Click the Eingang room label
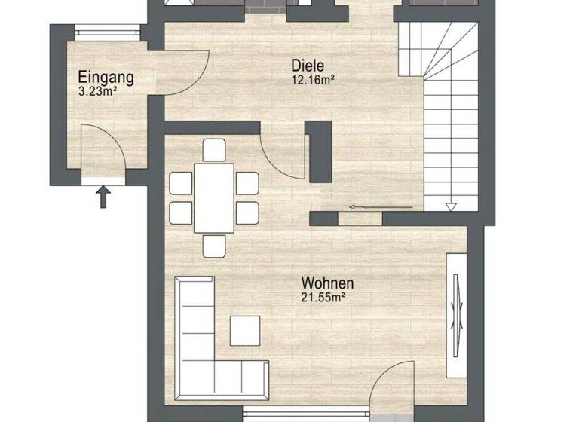coord(106,76)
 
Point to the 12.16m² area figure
coord(312,79)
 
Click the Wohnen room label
coord(327,283)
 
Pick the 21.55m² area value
coord(323,298)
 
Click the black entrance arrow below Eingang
coord(104,197)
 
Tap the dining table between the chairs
coord(214,197)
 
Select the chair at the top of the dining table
coord(214,150)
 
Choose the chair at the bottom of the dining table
coord(214,245)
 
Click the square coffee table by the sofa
coord(245,330)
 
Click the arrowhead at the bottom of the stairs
coord(451,206)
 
